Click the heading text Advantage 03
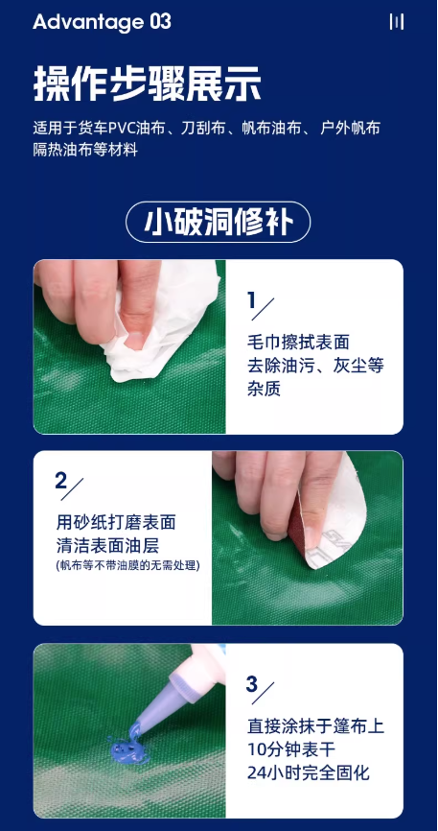click(103, 22)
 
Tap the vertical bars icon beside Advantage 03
click(397, 22)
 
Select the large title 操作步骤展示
click(148, 83)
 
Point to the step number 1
click(252, 301)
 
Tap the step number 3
click(252, 684)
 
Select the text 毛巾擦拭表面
click(298, 342)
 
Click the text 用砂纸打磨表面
click(115, 523)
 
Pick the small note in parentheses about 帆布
click(127, 565)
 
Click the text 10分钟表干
click(291, 749)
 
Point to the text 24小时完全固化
click(309, 772)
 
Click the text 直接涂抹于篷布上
click(315, 726)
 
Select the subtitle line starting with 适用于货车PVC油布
click(206, 129)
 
